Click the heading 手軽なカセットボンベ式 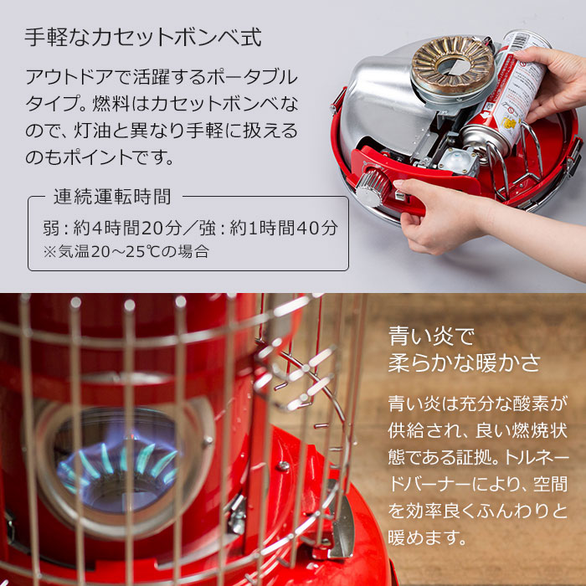pyautogui.click(x=142, y=39)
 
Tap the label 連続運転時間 pyautogui.click(x=112, y=198)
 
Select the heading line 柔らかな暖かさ pyautogui.click(x=465, y=365)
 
